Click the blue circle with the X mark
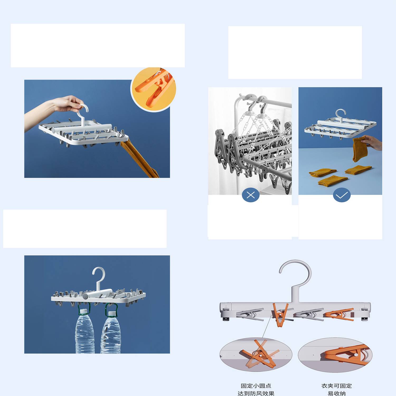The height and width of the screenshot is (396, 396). point(251,195)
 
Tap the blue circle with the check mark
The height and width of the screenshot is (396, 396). point(342,195)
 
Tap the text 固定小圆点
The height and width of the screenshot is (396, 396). point(256,386)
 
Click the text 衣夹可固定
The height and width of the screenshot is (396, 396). point(337,386)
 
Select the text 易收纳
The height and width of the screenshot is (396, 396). point(337,393)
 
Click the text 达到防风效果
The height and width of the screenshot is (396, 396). point(256,393)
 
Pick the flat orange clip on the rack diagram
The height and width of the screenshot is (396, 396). point(339,315)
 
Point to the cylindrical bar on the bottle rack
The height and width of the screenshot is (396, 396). point(98,294)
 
